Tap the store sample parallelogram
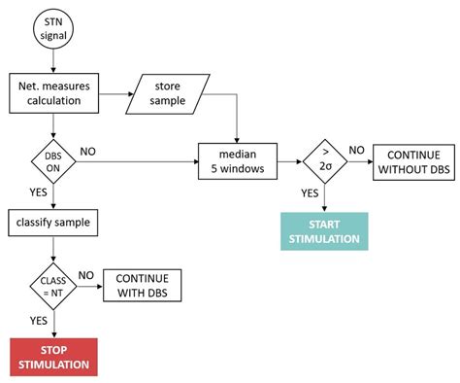coord(172,93)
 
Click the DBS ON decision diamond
coord(53,158)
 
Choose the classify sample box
coord(53,223)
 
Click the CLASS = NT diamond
coord(53,286)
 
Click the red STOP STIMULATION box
coord(53,358)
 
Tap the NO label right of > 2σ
coord(356,150)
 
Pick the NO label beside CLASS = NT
coord(85,276)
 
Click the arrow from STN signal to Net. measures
coord(53,65)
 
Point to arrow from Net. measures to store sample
coord(117,93)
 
